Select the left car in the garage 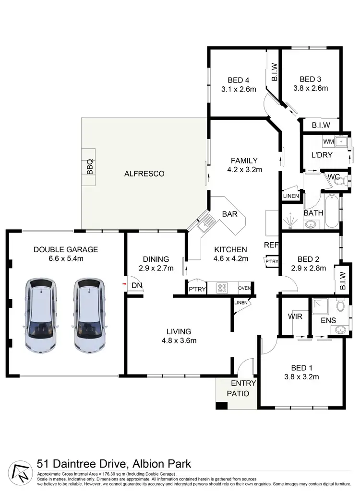tap(41, 315)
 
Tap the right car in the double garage tap(90, 315)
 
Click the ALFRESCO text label tap(144, 174)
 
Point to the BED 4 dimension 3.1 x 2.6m tap(239, 89)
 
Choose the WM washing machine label tap(328, 142)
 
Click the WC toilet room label tap(334, 176)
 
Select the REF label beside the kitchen tap(271, 245)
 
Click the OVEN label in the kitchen tap(244, 288)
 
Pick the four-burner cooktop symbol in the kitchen tap(223, 288)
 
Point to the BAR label tap(230, 214)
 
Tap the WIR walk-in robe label tap(294, 317)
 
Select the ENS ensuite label tap(328, 320)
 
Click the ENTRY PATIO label tap(243, 388)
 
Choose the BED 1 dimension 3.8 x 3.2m tap(301, 377)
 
